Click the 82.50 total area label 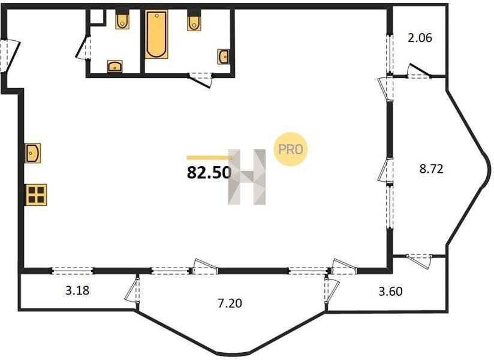pos(209,172)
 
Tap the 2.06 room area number pos(420,38)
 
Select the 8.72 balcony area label pos(431,169)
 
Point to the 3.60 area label pos(390,291)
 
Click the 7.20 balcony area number pos(230,303)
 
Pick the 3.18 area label pos(77,290)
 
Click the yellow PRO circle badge pos(290,149)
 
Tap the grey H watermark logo pos(247,177)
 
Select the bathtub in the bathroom pos(156,34)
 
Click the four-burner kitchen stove pos(36,195)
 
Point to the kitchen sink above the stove pos(33,153)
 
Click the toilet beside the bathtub pos(194,21)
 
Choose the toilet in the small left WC pos(122,20)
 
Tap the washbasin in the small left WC pos(115,66)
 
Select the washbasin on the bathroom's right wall pos(224,57)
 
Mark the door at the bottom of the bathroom pos(200,79)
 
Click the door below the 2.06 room pos(418,72)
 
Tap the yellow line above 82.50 pos(209,158)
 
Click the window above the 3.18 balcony pos(73,270)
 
